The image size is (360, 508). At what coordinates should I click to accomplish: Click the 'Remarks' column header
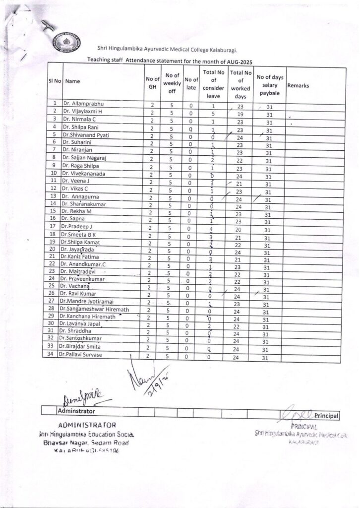click(298, 85)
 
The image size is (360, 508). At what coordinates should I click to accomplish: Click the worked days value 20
click(239, 230)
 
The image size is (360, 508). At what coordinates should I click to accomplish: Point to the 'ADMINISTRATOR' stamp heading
click(87, 425)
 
